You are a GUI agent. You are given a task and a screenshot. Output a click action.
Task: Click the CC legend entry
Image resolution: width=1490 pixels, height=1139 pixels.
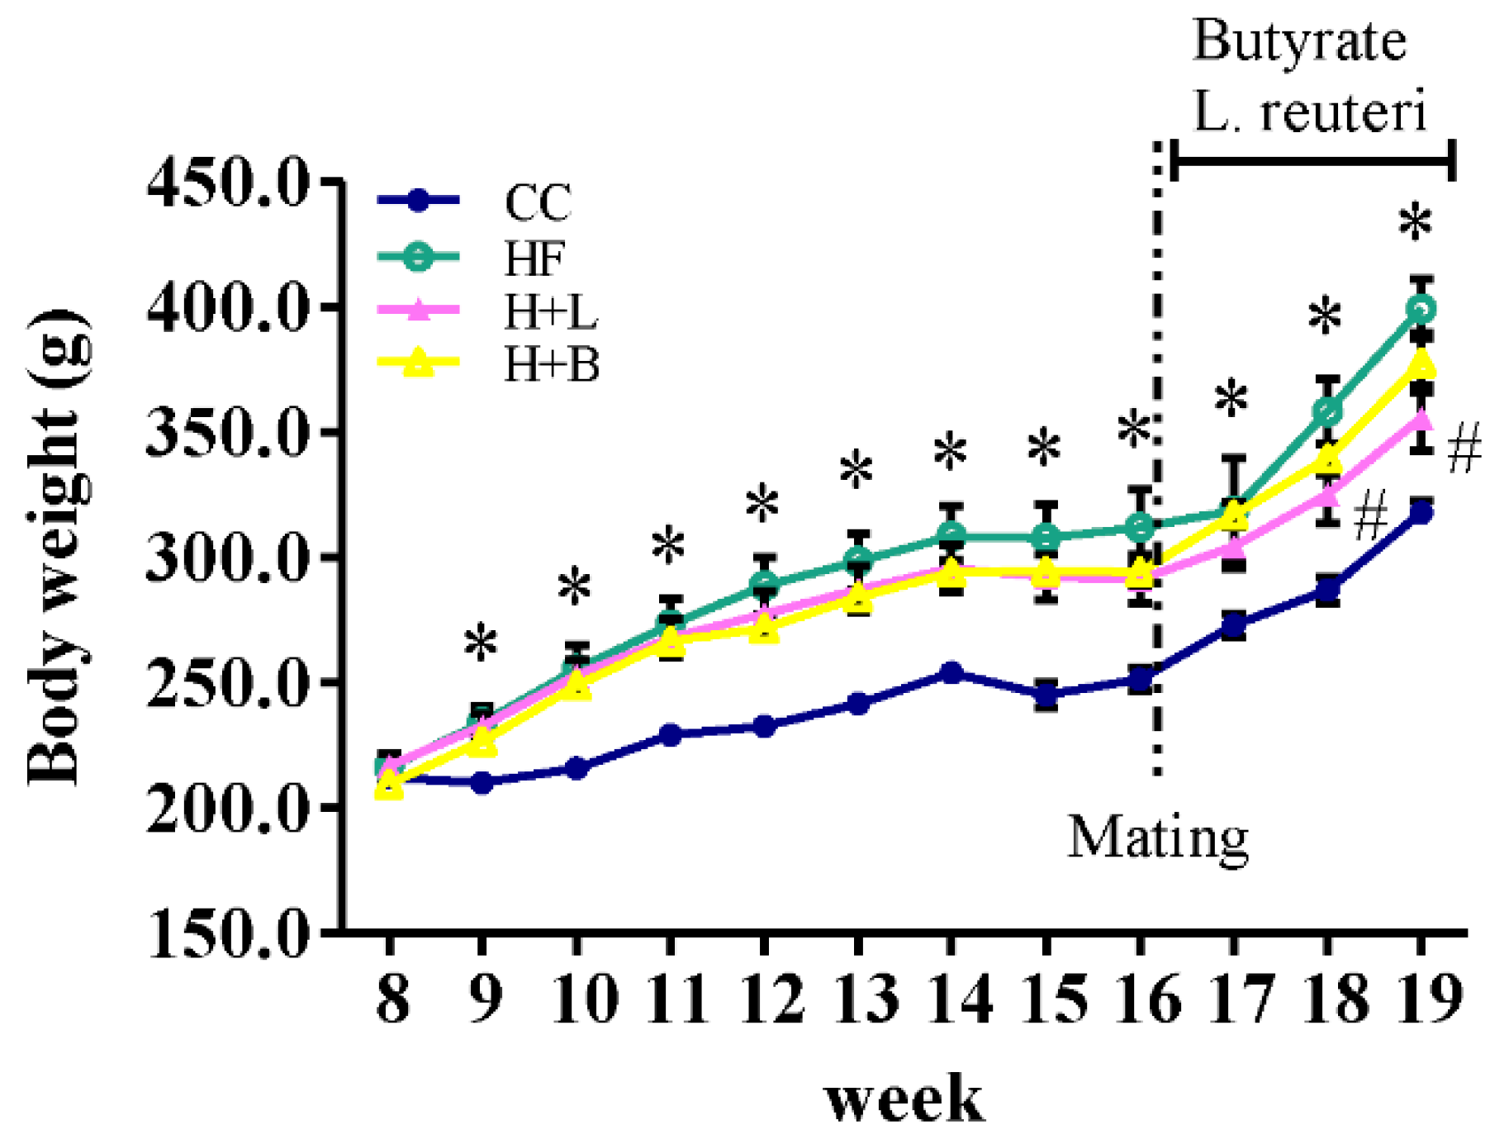(537, 202)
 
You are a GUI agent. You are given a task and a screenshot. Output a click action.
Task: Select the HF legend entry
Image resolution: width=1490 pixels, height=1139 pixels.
(534, 258)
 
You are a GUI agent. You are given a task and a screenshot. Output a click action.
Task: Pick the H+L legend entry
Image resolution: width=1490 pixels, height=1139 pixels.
(551, 311)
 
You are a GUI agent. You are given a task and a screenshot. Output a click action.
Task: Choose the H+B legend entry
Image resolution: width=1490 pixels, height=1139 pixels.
(551, 363)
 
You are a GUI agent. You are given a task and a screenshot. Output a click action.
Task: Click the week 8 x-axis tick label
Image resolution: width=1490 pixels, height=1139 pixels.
(391, 999)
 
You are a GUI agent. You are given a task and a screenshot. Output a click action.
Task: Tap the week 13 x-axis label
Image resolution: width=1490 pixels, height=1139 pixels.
(858, 999)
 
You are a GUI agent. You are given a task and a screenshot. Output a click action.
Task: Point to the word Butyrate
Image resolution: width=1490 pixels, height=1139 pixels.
(1300, 41)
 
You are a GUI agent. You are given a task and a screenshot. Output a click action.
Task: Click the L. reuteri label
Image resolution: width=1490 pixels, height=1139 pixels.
(1310, 112)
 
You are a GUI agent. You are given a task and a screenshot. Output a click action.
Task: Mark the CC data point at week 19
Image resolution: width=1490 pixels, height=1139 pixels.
(1421, 513)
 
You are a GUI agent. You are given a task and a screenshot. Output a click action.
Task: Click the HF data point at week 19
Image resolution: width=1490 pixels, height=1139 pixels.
(1421, 310)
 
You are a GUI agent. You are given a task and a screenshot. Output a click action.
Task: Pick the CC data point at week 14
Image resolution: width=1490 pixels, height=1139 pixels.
(951, 672)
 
